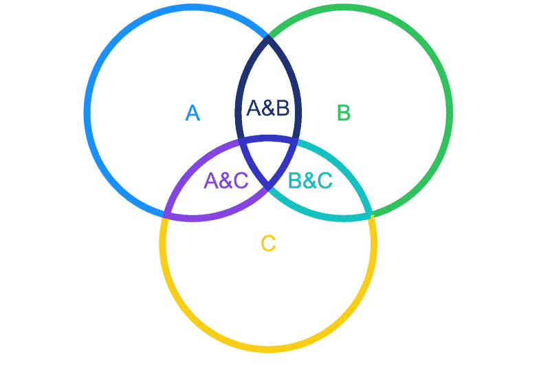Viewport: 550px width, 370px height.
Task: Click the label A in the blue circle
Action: click(192, 112)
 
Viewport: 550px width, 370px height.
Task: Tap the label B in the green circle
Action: click(344, 111)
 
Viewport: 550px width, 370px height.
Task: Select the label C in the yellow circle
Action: click(269, 243)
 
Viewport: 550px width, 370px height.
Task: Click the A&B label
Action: click(267, 108)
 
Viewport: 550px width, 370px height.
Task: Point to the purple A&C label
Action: click(226, 180)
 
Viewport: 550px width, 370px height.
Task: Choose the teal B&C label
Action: click(310, 180)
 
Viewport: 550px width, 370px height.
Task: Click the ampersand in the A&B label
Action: click(267, 108)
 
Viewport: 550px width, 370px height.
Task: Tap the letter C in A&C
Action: click(239, 180)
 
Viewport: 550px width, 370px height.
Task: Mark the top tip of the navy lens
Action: click(268, 36)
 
